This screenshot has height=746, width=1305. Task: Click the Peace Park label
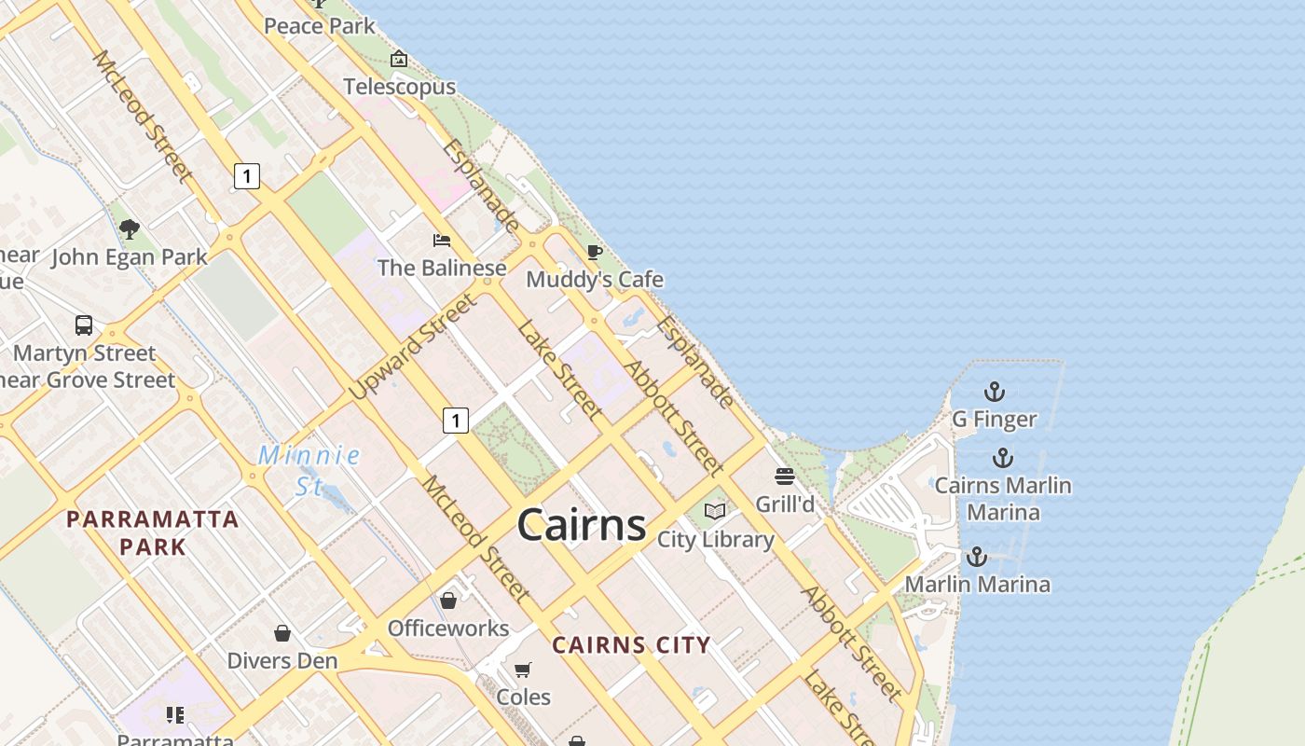pyautogui.click(x=319, y=26)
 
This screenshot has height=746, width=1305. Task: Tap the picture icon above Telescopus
pyautogui.click(x=399, y=59)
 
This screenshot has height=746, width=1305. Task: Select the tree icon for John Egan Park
pyautogui.click(x=130, y=228)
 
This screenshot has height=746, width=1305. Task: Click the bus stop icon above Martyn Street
pyautogui.click(x=84, y=325)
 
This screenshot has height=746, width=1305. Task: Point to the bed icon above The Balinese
pyautogui.click(x=442, y=241)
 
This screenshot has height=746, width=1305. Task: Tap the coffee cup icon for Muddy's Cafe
pyautogui.click(x=594, y=252)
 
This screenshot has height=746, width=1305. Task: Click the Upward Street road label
pyautogui.click(x=414, y=347)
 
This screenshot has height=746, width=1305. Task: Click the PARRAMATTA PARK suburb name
pyautogui.click(x=153, y=532)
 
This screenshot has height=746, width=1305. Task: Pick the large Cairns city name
pyautogui.click(x=582, y=525)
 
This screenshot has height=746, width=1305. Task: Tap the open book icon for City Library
pyautogui.click(x=715, y=511)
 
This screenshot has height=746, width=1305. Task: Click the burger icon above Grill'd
pyautogui.click(x=784, y=477)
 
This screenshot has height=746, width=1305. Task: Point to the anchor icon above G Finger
pyautogui.click(x=995, y=392)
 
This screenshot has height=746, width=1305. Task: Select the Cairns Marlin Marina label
pyautogui.click(x=1003, y=498)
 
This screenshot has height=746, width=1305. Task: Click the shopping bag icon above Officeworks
pyautogui.click(x=448, y=600)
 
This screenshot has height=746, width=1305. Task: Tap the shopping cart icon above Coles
pyautogui.click(x=523, y=670)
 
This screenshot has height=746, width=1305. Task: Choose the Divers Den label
pyautogui.click(x=282, y=661)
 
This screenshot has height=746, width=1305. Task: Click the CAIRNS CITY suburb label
pyautogui.click(x=631, y=644)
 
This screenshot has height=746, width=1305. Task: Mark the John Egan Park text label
pyautogui.click(x=130, y=256)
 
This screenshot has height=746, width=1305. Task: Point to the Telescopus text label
pyautogui.click(x=399, y=87)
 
